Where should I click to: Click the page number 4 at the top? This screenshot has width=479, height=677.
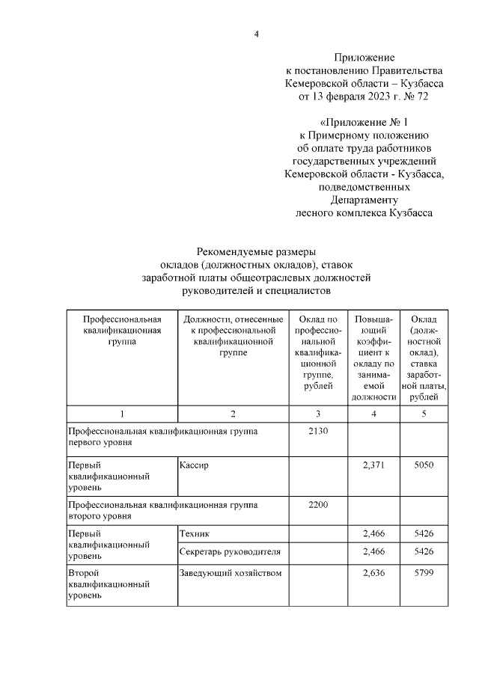click(256, 34)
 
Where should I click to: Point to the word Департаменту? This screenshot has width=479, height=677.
click(364, 200)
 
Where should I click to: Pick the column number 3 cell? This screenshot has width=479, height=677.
click(318, 414)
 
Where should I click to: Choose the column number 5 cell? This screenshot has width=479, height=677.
click(424, 414)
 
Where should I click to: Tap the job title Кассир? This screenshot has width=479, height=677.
click(194, 465)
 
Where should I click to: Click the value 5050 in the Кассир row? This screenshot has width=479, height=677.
click(424, 465)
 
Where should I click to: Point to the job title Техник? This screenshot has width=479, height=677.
click(195, 533)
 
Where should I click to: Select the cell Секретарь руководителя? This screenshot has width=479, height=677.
click(231, 552)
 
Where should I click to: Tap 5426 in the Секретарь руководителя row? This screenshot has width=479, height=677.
click(424, 552)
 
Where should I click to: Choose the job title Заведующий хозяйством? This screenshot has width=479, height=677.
click(231, 573)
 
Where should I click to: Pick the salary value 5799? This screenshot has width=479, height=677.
click(424, 573)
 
